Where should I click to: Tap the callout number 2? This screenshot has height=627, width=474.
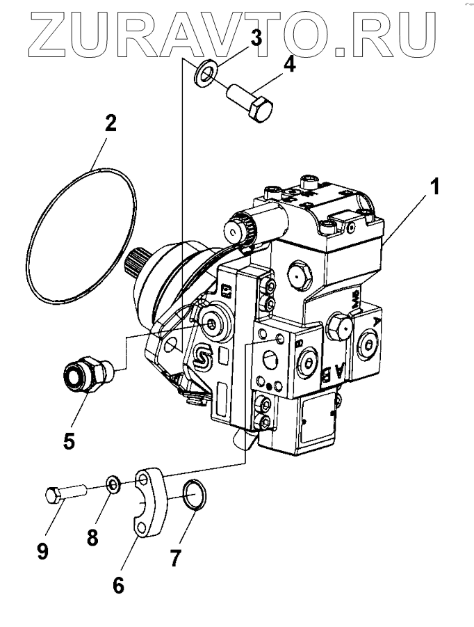(111, 125)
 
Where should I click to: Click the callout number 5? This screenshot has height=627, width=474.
(69, 441)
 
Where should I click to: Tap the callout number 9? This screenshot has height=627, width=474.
(43, 552)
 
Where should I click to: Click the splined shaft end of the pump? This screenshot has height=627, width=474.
(138, 263)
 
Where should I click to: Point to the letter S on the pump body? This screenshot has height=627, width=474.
(202, 358)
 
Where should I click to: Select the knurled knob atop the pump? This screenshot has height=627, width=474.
(236, 226)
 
